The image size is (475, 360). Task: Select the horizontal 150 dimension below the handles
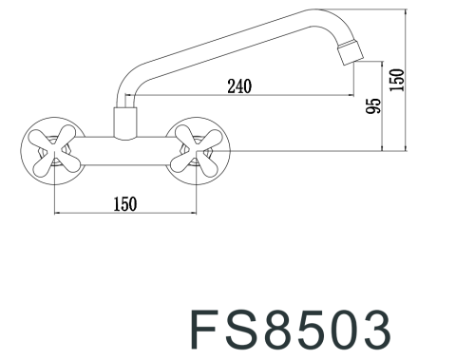(124, 202)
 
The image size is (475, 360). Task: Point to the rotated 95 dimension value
(373, 108)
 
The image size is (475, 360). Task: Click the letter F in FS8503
(211, 329)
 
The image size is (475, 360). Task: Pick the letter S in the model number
(248, 329)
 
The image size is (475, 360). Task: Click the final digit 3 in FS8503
(375, 329)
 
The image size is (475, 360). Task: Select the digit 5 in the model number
(314, 329)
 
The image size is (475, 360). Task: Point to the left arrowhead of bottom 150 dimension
(58, 213)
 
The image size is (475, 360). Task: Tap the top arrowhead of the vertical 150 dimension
(407, 14)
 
